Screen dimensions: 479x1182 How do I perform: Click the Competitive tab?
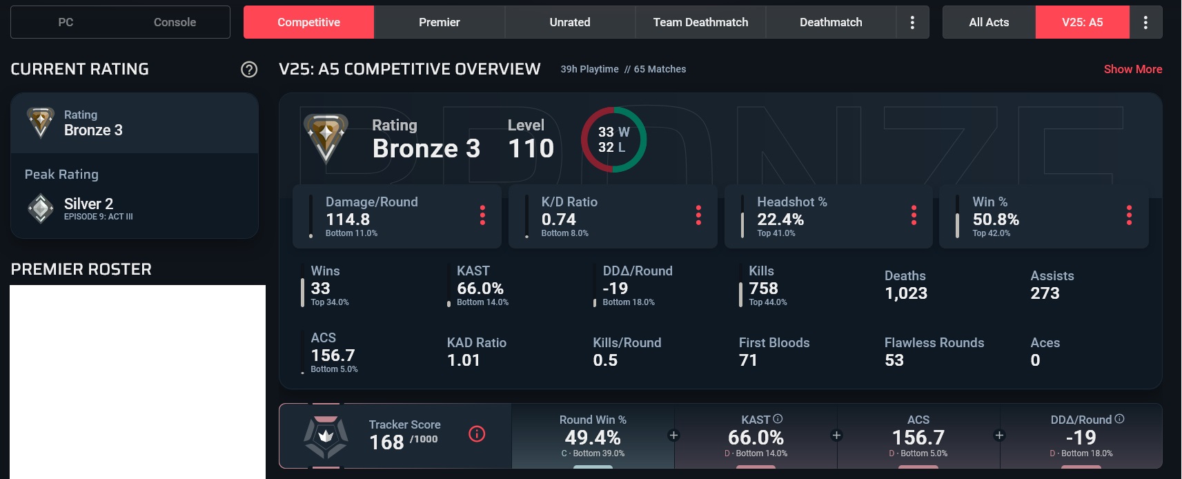(308, 22)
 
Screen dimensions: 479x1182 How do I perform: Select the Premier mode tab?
(439, 22)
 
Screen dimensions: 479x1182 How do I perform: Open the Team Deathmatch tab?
(700, 22)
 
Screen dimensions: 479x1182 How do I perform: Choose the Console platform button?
(175, 22)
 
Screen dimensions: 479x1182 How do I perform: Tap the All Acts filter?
(989, 22)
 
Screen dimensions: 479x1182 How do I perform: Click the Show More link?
(1132, 69)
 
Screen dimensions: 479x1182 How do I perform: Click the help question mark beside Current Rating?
(249, 69)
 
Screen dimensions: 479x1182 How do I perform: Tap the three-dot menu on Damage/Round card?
(482, 215)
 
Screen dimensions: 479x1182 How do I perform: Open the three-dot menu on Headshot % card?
(914, 215)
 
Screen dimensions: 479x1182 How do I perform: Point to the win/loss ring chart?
(613, 139)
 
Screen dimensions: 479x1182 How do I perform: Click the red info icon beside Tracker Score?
(477, 433)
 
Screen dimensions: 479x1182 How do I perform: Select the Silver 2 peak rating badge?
(41, 208)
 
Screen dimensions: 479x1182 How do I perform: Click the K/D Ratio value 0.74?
(558, 219)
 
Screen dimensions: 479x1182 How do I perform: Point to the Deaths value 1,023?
(905, 293)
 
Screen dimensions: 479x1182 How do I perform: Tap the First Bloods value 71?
(748, 360)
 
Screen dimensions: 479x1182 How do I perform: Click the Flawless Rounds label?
(934, 343)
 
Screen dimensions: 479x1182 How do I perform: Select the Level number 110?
(531, 148)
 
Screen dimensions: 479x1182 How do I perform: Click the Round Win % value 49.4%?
(593, 438)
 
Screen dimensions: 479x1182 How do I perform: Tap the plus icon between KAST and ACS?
(836, 436)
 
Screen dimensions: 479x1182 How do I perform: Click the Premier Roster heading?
(81, 269)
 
